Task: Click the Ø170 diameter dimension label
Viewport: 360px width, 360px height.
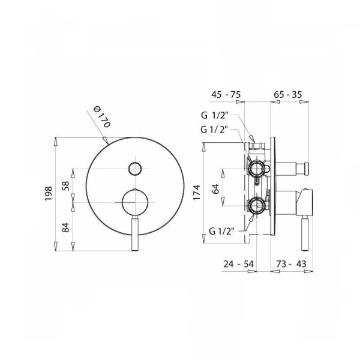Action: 102,116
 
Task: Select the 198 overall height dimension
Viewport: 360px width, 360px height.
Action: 49,194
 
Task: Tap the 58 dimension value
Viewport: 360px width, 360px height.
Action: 65,186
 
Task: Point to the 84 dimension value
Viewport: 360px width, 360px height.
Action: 65,227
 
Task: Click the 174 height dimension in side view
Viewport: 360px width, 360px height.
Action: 197,193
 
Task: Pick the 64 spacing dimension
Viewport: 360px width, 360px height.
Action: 215,189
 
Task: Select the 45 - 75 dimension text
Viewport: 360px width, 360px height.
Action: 226,94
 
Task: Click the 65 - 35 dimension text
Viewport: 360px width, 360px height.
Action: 288,94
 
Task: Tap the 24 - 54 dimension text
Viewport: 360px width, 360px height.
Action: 239,264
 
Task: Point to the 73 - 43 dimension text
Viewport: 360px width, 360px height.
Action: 292,264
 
